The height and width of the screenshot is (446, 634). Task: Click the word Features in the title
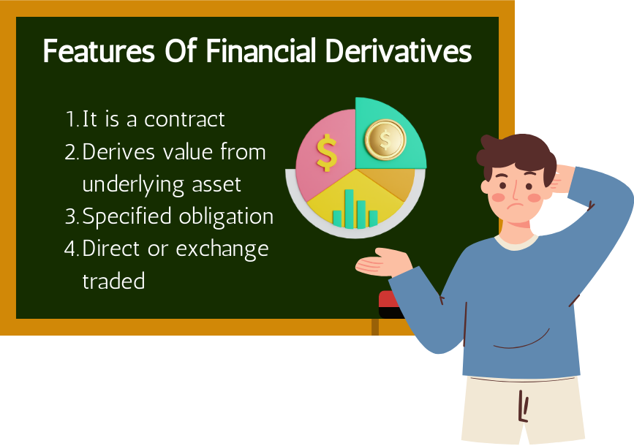[x=99, y=51]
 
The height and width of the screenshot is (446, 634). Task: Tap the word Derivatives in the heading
[x=399, y=51]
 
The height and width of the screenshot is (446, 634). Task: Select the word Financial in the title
[x=260, y=51]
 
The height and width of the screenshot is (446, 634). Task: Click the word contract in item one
[x=184, y=120]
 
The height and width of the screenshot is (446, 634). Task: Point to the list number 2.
[x=71, y=152]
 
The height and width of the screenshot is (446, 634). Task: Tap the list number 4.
[x=71, y=249]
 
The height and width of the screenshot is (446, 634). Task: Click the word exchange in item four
[x=222, y=249]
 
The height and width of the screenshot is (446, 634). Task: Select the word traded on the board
[x=113, y=281]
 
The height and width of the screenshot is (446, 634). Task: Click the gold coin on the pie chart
[x=385, y=140]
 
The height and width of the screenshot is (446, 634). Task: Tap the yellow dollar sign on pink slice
[x=327, y=152]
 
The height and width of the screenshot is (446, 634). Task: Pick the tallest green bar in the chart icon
[x=350, y=208]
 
